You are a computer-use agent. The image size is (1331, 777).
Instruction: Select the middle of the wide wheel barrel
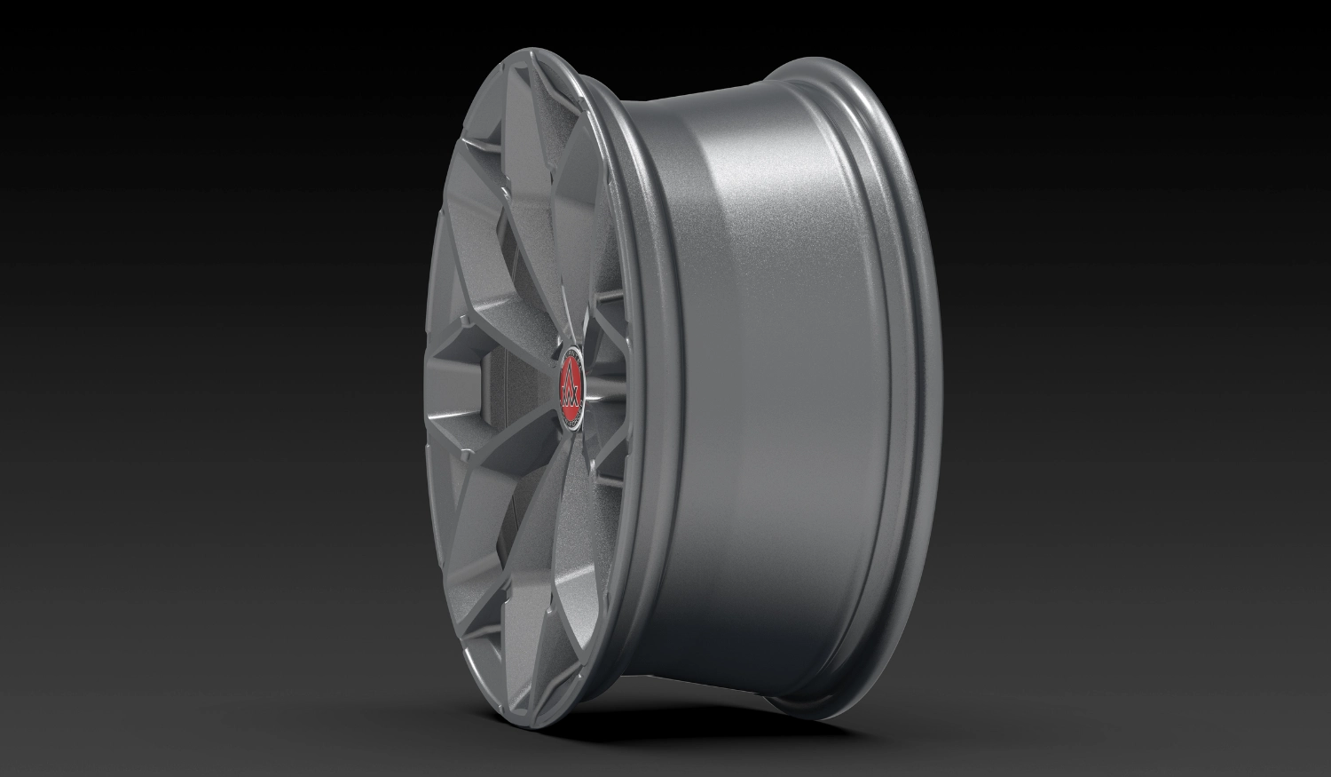click(781, 391)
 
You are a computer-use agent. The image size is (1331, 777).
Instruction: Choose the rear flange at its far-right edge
click(941, 391)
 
